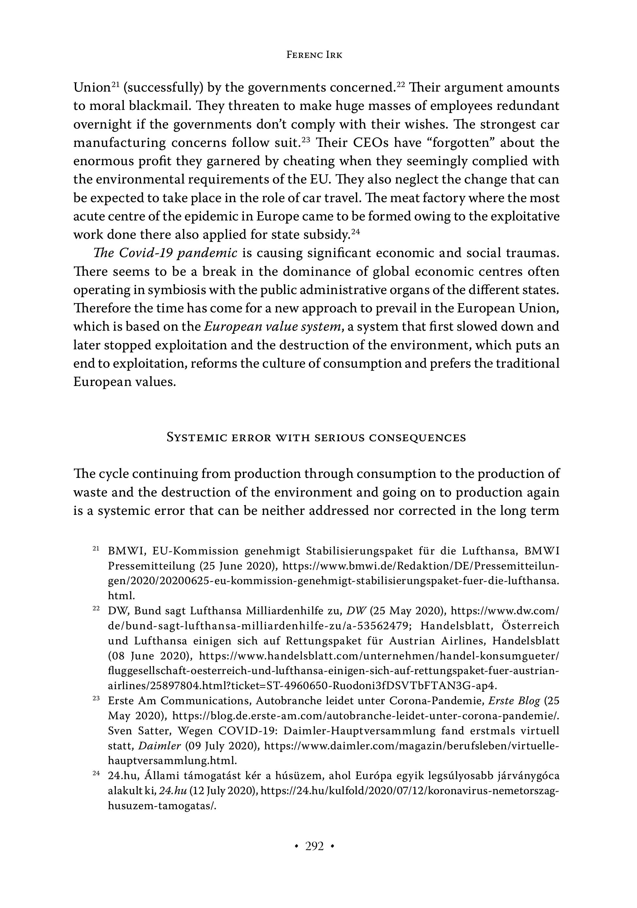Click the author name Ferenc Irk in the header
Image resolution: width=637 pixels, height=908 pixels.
pyautogui.click(x=314, y=55)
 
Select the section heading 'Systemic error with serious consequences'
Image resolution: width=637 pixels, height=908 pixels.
pyautogui.click(x=316, y=437)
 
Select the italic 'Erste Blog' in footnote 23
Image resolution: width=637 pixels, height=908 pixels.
pyautogui.click(x=514, y=701)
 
